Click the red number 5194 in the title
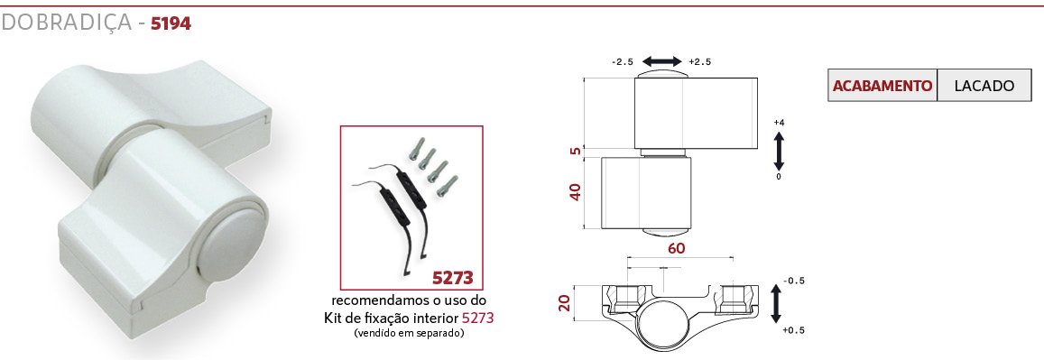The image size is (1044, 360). pos(171,24)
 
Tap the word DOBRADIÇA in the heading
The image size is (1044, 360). pos(67,23)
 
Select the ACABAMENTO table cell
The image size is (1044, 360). pos(882,86)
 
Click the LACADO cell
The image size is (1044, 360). pos(984,86)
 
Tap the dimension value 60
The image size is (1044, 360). pos(677,249)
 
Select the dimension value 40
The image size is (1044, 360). pos(576,191)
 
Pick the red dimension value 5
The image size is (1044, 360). pos(576,151)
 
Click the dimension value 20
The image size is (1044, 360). pos(565,304)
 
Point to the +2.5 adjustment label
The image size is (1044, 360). pos(700,62)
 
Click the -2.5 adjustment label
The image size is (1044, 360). pos(622,62)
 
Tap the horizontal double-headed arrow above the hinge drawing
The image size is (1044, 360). pos(661,62)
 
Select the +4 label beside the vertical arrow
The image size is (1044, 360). pos(779,123)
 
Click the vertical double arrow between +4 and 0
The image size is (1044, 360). pos(779,151)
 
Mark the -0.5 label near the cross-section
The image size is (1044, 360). pos(793,281)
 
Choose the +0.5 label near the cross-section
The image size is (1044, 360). pos(793,331)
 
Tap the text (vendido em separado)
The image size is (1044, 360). pos(409,333)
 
